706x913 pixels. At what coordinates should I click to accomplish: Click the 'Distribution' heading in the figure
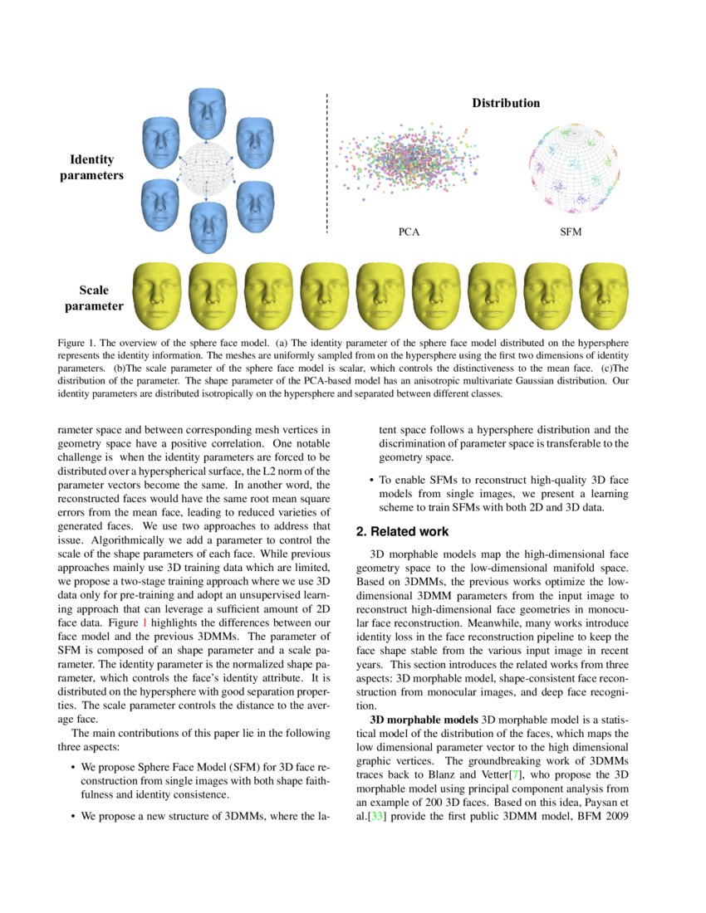pos(506,104)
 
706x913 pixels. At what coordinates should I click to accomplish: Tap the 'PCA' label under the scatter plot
pos(409,232)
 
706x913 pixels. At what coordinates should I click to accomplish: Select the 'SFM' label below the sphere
pos(571,232)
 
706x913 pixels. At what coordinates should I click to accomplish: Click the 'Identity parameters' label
pos(91,167)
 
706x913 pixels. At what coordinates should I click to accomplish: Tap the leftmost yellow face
pos(156,296)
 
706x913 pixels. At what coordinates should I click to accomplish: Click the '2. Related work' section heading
pos(403,531)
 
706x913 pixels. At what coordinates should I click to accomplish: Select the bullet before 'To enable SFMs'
pos(370,480)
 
